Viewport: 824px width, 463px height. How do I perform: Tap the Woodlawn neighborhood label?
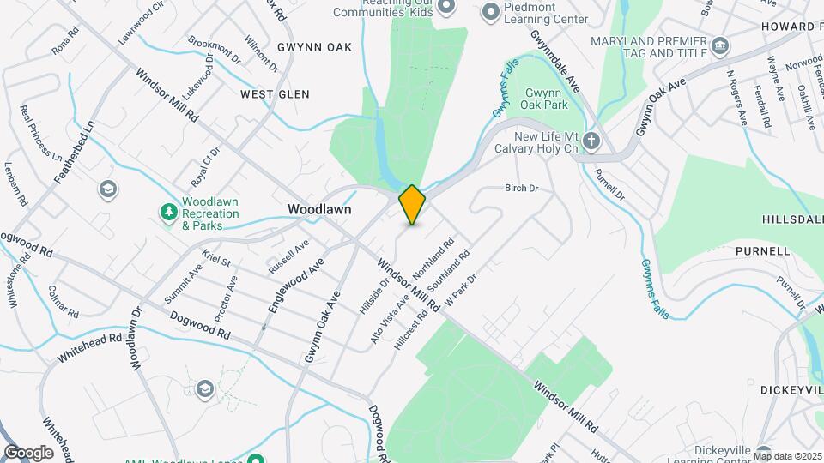(x=319, y=208)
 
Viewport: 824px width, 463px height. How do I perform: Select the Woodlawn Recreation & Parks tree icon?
(x=169, y=210)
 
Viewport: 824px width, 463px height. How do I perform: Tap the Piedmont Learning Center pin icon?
(x=491, y=11)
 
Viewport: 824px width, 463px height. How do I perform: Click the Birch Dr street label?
(x=520, y=188)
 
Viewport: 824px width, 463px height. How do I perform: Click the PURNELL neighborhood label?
(x=762, y=251)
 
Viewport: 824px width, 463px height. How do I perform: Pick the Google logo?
(x=28, y=453)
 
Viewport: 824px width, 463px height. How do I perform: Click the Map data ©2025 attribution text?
(x=787, y=456)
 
